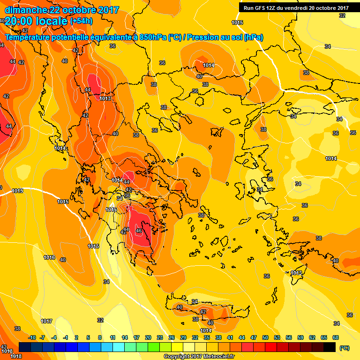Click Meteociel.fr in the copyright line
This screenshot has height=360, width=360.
[218, 357]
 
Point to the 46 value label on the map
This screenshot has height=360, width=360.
[138, 231]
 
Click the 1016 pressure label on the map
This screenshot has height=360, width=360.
[49, 257]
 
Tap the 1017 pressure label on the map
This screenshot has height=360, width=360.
[46, 321]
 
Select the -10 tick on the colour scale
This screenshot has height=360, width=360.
[32, 337]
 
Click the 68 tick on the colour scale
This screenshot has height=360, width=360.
[336, 337]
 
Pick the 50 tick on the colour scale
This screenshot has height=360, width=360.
[265, 337]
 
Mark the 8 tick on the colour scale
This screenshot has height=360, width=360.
[100, 337]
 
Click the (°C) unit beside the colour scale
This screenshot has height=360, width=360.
[345, 348]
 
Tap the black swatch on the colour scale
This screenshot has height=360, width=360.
[330, 347]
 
